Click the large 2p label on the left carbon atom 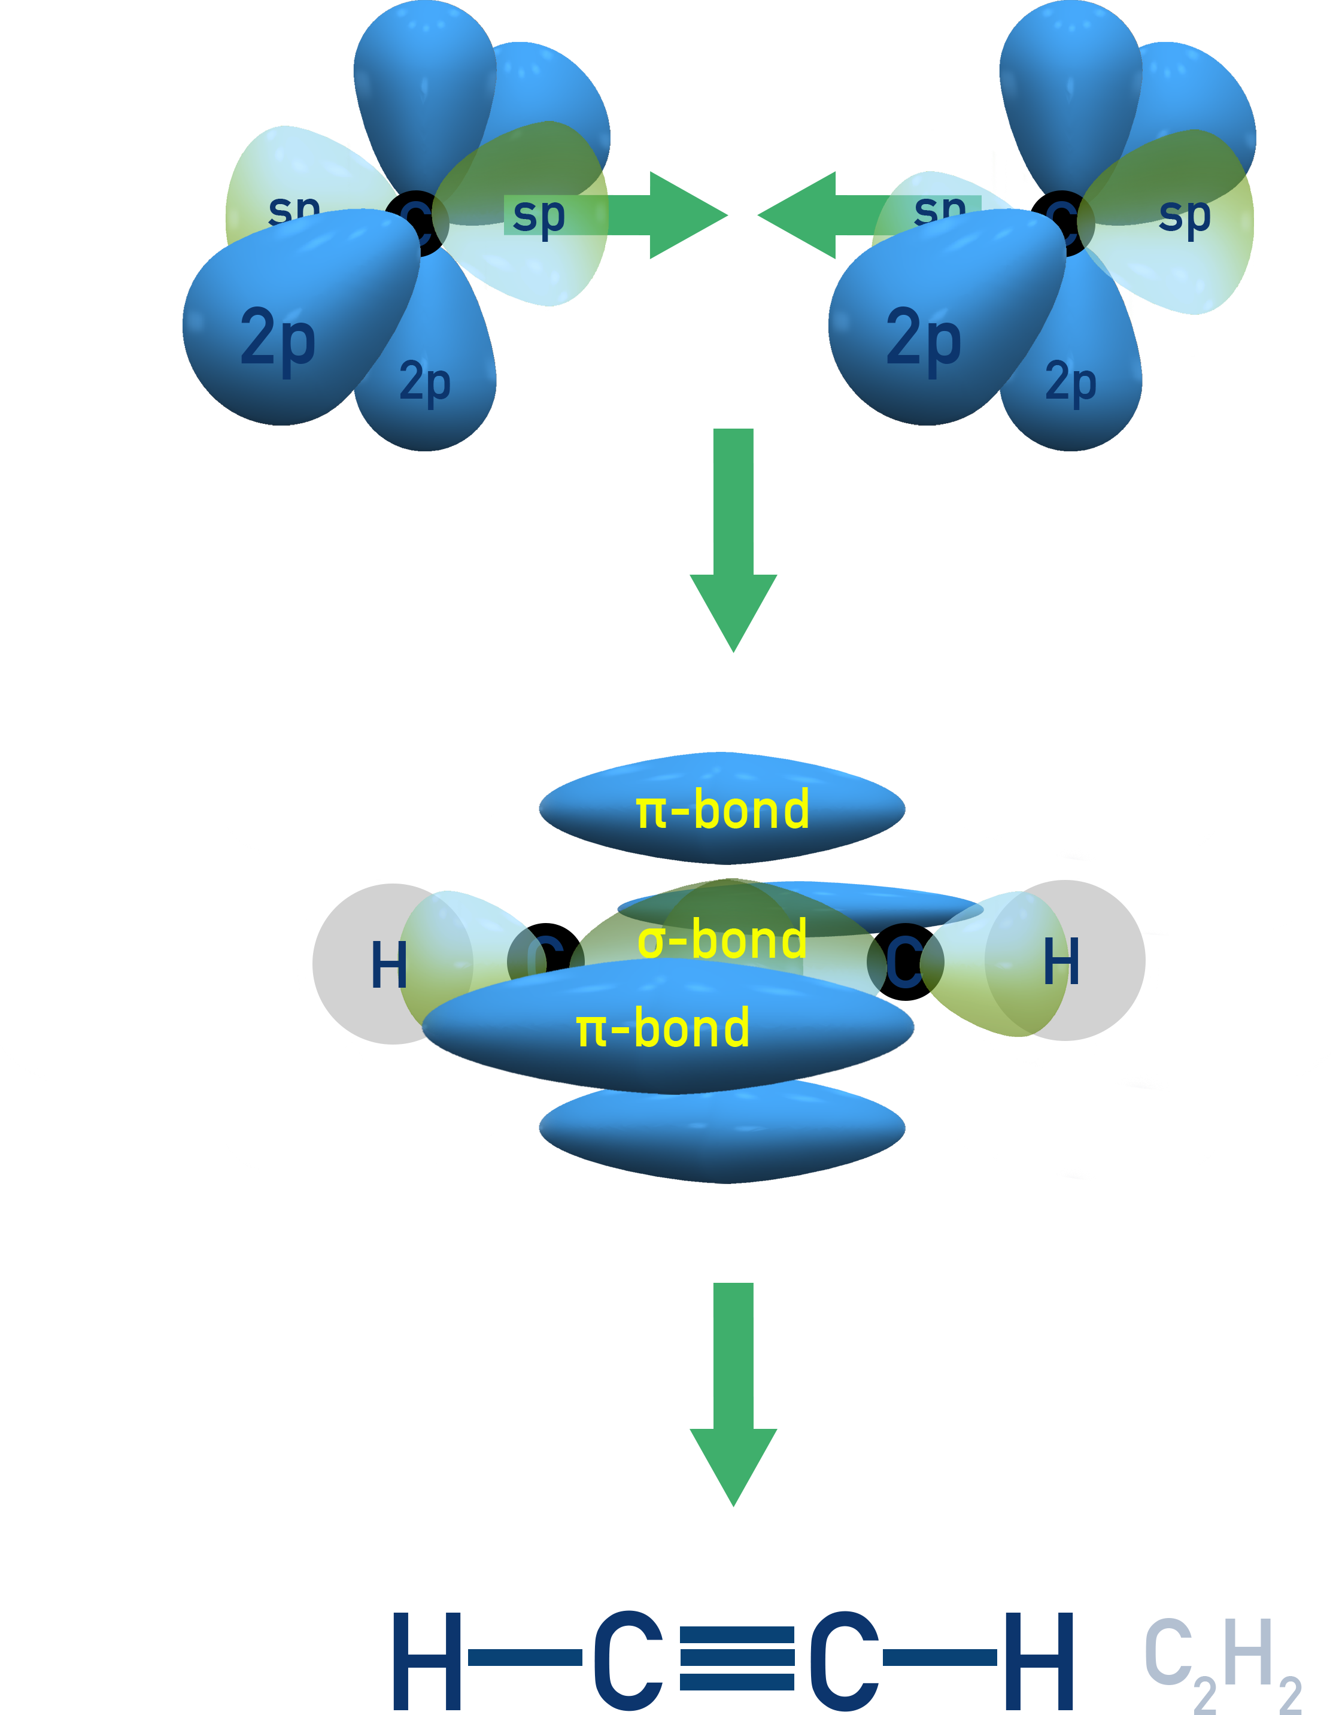click(x=278, y=338)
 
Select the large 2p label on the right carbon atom click(x=924, y=338)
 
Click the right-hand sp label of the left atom click(x=539, y=214)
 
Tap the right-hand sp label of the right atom click(x=1185, y=214)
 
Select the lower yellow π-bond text click(x=662, y=1028)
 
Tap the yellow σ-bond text click(x=722, y=939)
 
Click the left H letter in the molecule click(x=390, y=964)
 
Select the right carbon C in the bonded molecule click(x=905, y=962)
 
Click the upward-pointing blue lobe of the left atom click(x=425, y=86)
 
